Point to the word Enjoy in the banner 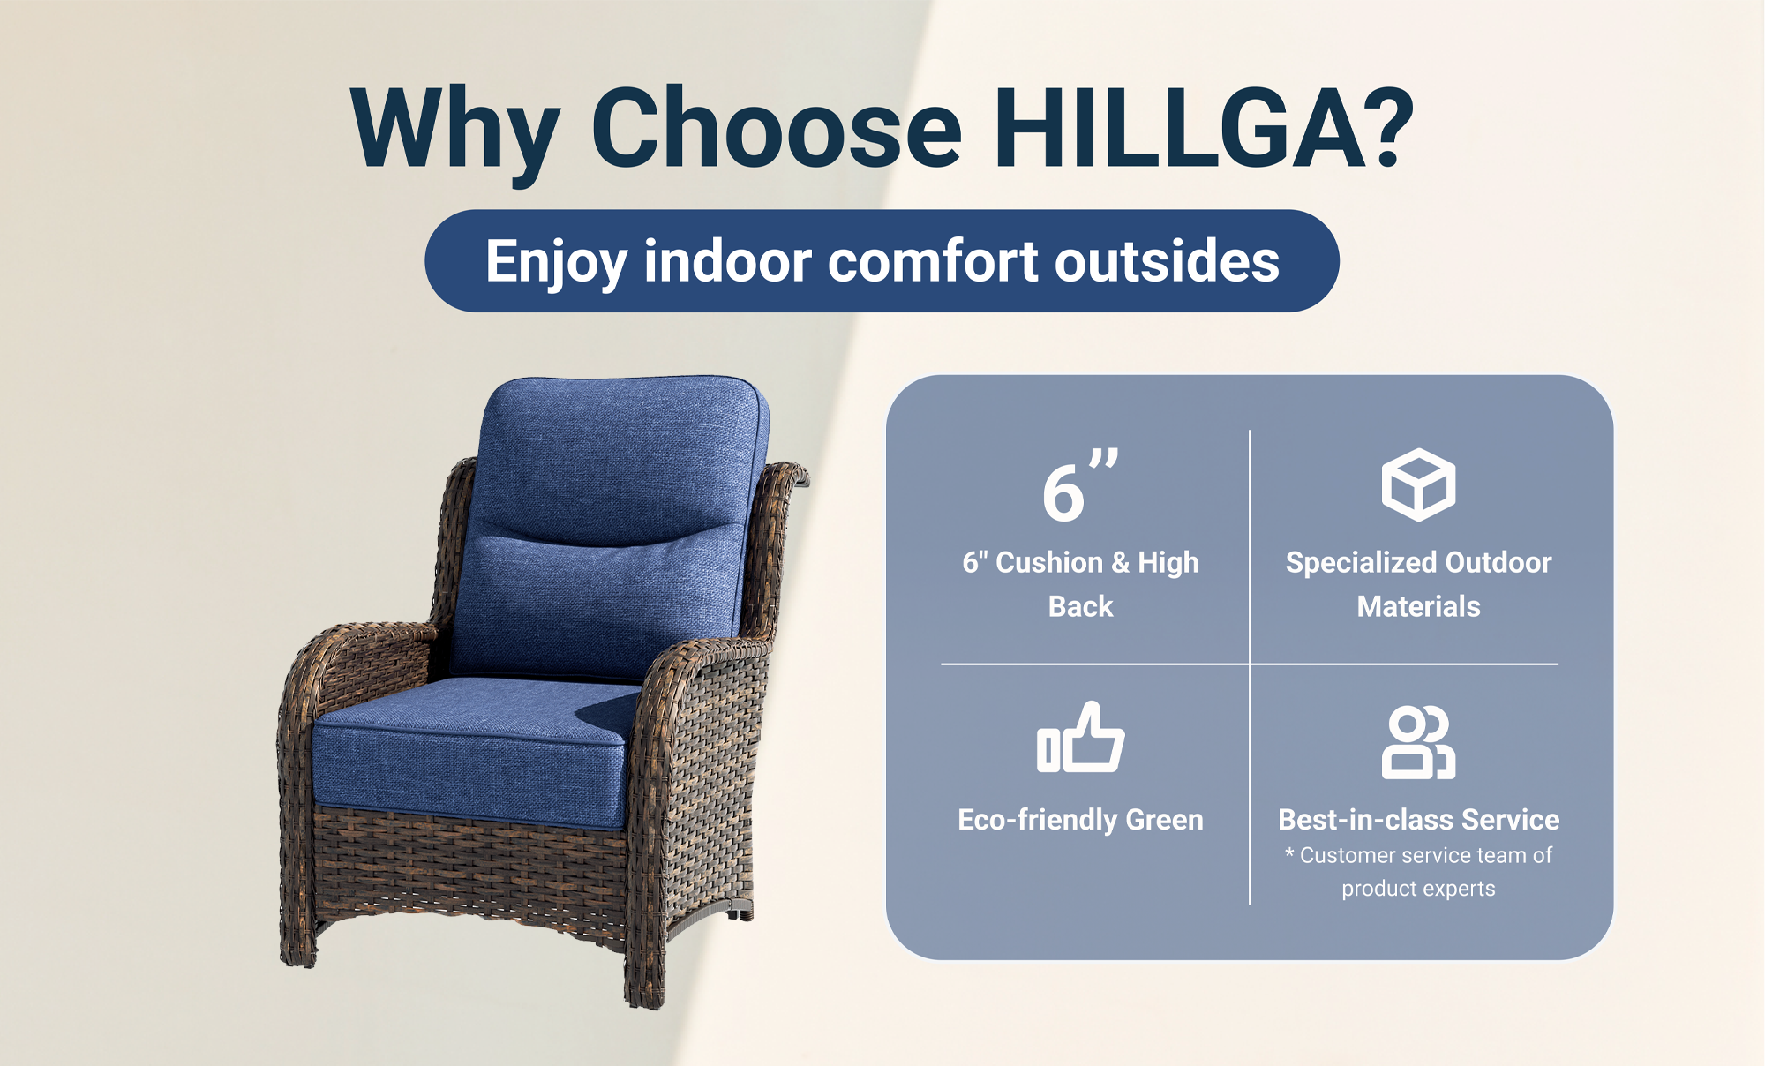pyautogui.click(x=557, y=263)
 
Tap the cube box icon pyautogui.click(x=1418, y=484)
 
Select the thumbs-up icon pyautogui.click(x=1081, y=738)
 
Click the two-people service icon pyautogui.click(x=1418, y=742)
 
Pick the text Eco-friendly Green pyautogui.click(x=1080, y=820)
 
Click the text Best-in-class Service pyautogui.click(x=1418, y=820)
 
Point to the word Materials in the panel pyautogui.click(x=1418, y=606)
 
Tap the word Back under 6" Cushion pyautogui.click(x=1080, y=606)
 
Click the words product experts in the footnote pyautogui.click(x=1418, y=889)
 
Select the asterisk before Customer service pyautogui.click(x=1289, y=852)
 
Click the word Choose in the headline pyautogui.click(x=777, y=129)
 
